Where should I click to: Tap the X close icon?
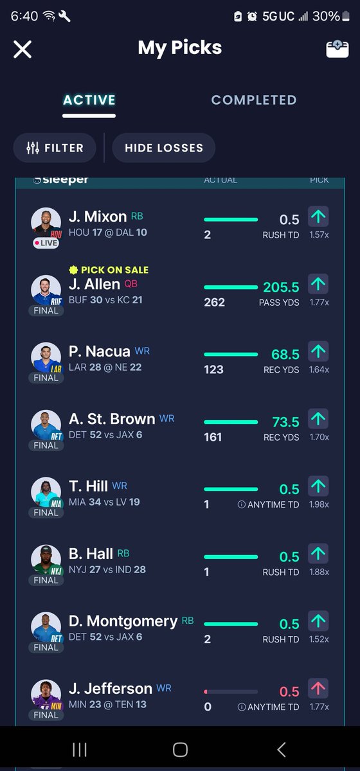(22, 49)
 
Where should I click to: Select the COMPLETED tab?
(254, 100)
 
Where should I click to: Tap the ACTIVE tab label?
(89, 100)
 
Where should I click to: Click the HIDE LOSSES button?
(164, 148)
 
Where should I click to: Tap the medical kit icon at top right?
(337, 49)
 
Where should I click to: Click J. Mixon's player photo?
(46, 222)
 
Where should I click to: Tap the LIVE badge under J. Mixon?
(46, 243)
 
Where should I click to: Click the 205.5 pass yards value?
(281, 287)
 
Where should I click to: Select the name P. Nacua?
(99, 351)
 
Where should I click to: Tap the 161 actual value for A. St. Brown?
(213, 437)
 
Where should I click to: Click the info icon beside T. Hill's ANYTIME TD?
(242, 504)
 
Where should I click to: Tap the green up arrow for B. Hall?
(318, 554)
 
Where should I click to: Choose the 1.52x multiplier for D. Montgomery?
(319, 639)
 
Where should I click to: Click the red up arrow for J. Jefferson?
(318, 688)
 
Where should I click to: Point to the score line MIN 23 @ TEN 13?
(107, 705)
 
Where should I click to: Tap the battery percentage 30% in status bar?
(326, 16)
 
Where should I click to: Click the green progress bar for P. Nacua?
(231, 354)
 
